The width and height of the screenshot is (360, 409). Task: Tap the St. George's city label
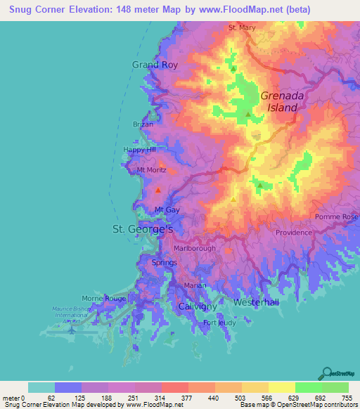point(143,229)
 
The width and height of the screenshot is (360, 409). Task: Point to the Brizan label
point(143,124)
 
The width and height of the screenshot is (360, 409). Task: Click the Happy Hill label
point(139,150)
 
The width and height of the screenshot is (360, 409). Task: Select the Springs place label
point(165,262)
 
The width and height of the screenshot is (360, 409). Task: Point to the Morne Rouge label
point(105,299)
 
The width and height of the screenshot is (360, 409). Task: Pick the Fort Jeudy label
point(217,323)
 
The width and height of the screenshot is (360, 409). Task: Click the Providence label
point(294,233)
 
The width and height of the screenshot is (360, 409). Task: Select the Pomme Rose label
point(337,217)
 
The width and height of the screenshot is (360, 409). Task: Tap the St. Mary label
point(242,28)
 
